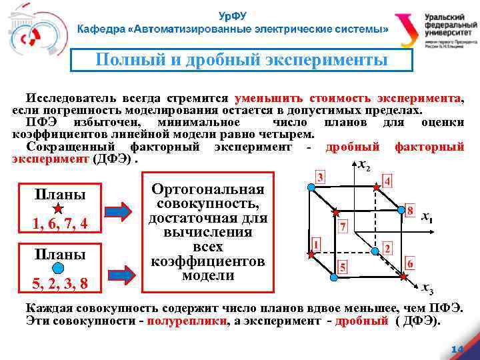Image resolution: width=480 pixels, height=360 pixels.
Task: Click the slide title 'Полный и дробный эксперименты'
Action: point(241,60)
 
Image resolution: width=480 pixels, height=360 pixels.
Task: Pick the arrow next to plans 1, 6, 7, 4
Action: point(119,211)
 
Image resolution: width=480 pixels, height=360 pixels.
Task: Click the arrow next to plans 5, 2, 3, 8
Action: point(119,273)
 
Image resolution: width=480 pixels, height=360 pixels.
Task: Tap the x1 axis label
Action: point(427,217)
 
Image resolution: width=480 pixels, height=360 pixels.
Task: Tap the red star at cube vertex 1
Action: point(311,254)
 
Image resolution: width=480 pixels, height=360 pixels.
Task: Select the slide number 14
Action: point(457,350)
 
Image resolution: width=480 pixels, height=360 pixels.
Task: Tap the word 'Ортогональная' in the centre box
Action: point(207,189)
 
